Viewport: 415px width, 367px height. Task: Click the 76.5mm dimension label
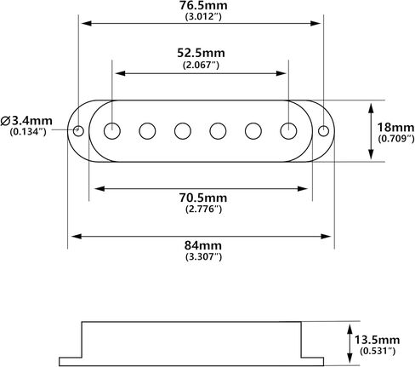coord(203,5)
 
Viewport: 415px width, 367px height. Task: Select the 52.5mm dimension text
coord(201,53)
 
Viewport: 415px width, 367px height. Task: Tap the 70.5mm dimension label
coord(203,198)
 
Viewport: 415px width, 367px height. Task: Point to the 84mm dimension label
coord(203,245)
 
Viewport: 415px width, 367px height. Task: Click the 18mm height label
coord(395,128)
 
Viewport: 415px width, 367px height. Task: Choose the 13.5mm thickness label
coord(377,340)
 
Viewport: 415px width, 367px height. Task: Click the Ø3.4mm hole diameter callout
coord(26,121)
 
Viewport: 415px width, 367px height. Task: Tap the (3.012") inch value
coord(203,16)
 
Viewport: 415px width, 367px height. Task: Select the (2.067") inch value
coord(201,65)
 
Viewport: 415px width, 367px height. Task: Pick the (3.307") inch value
coord(203,256)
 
